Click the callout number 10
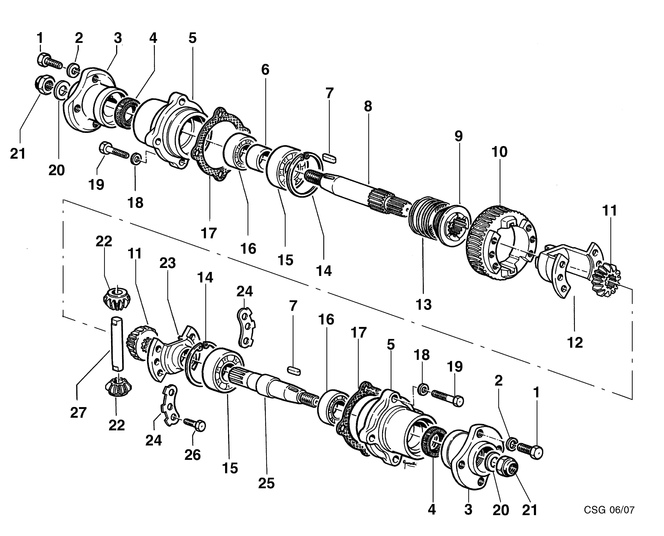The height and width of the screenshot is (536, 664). point(499,152)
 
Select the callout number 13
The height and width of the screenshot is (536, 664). point(424,304)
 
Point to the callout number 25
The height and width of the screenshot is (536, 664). point(266,483)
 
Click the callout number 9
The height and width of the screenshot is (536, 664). point(459,136)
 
